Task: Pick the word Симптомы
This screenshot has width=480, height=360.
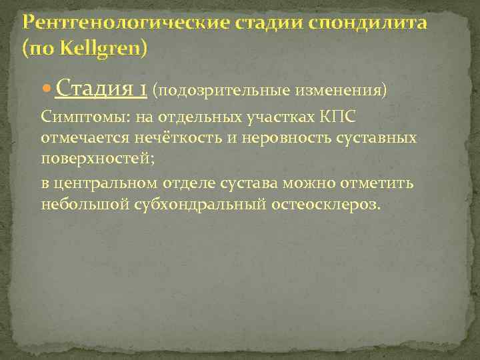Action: (76, 118)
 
